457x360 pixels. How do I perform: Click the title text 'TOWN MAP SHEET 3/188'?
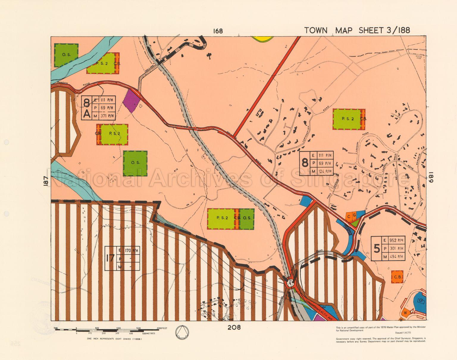357,30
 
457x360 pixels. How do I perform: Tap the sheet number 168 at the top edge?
218,31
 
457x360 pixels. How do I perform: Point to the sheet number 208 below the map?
234,328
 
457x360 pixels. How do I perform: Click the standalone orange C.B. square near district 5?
397,277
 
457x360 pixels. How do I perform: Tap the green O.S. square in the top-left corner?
66,55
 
